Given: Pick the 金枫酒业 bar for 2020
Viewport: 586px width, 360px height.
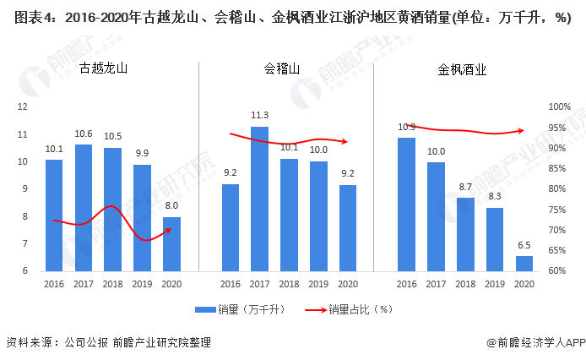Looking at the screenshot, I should click(524, 263).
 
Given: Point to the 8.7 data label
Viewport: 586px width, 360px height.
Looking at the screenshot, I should click(465, 186).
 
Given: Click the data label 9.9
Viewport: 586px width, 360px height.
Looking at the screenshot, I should click(142, 153).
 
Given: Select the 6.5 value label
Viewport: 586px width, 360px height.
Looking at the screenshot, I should click(524, 244).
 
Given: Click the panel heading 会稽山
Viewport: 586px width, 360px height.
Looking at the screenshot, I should click(282, 70).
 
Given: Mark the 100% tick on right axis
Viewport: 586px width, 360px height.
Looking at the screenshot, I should click(559, 106).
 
